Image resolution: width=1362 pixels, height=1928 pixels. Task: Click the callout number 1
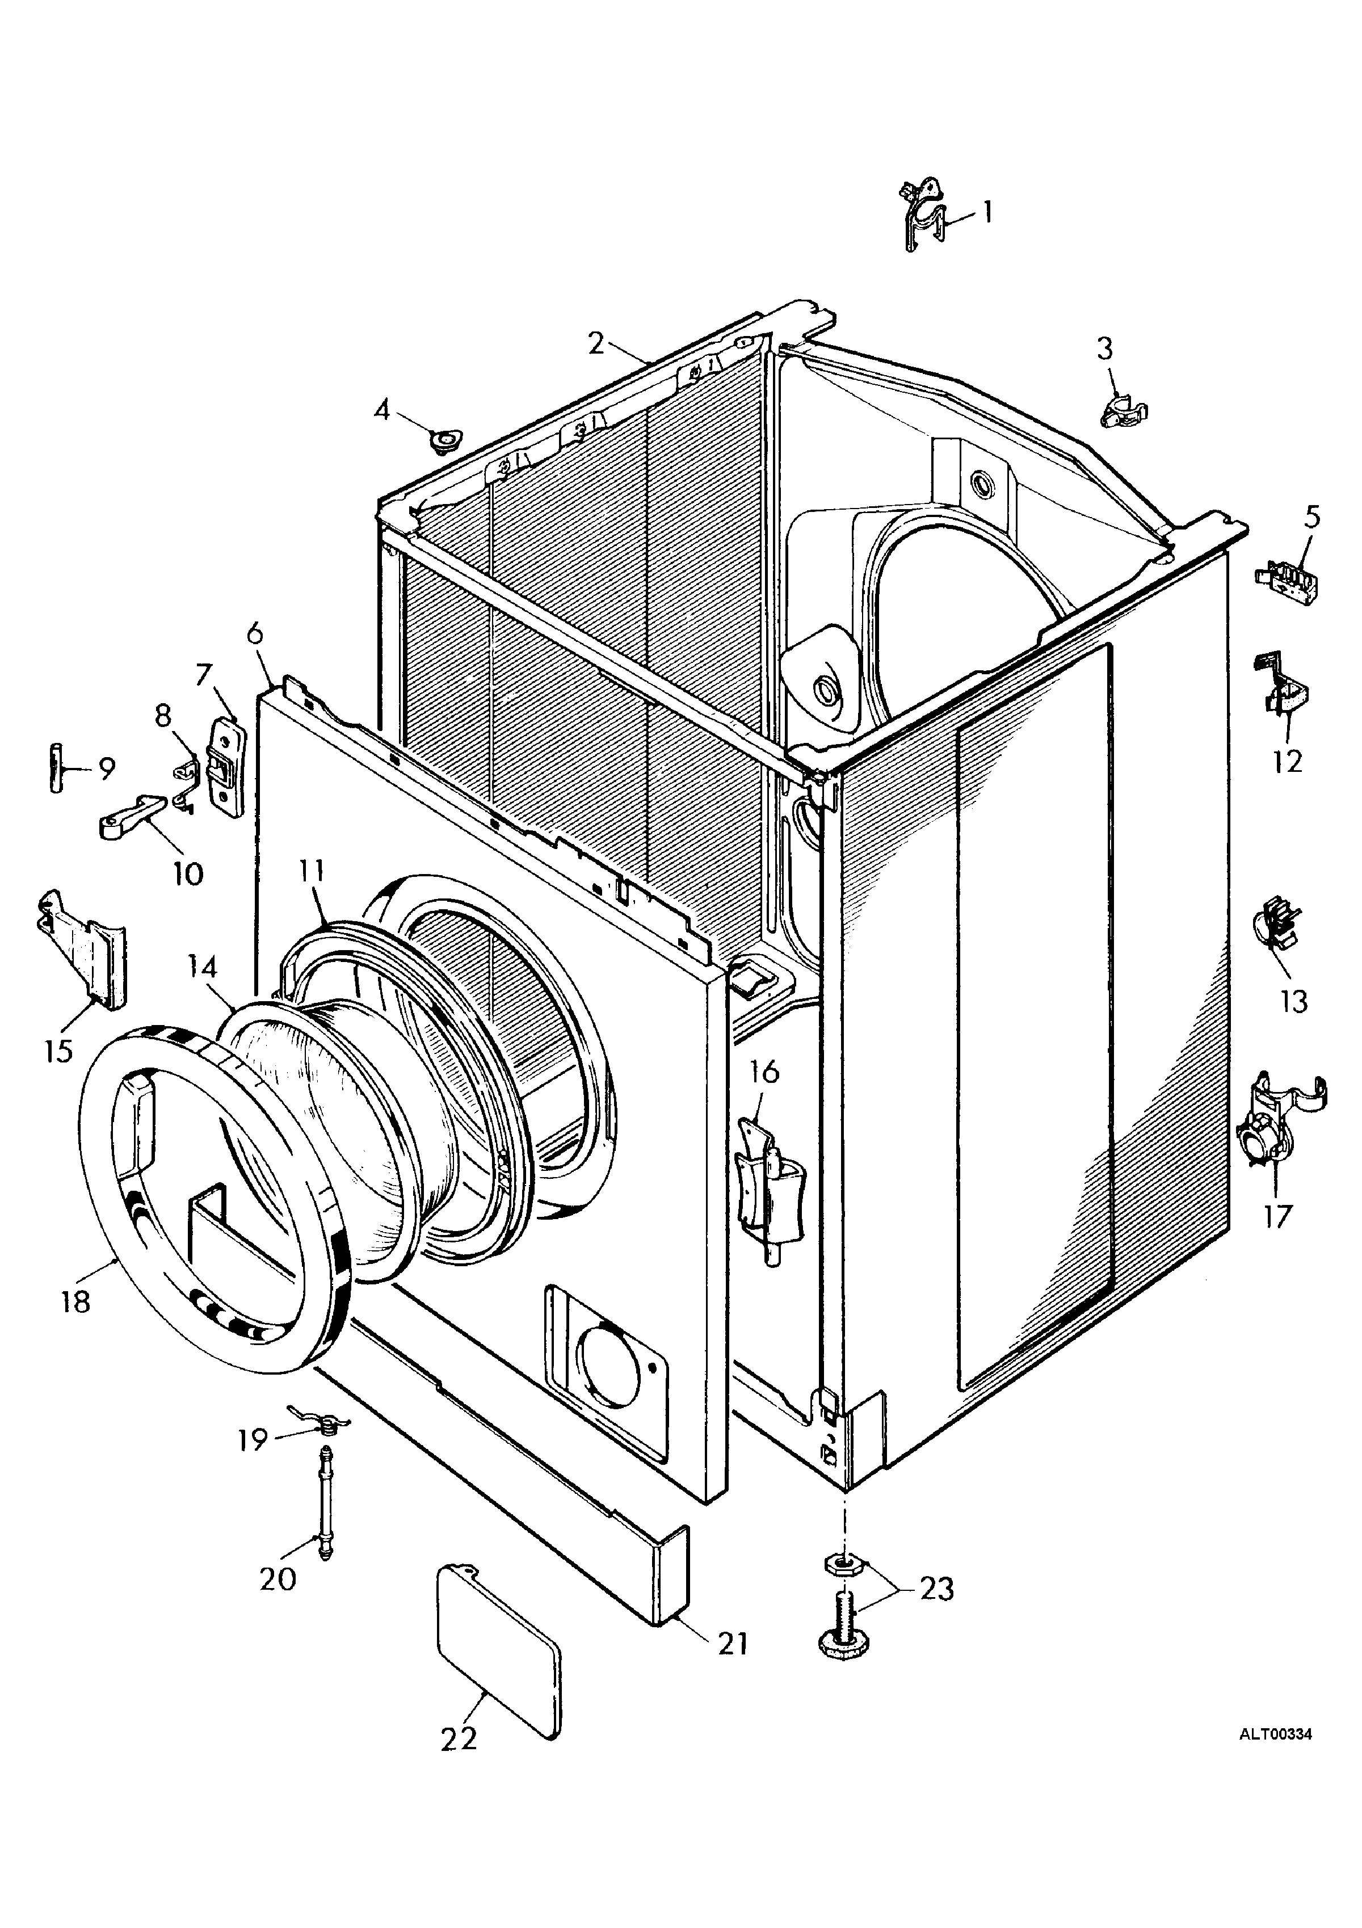987,212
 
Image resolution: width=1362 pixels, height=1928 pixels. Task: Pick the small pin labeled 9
56,767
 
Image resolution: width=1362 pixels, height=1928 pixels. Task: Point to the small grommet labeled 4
444,439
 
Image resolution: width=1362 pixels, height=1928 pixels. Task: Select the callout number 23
936,1589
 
